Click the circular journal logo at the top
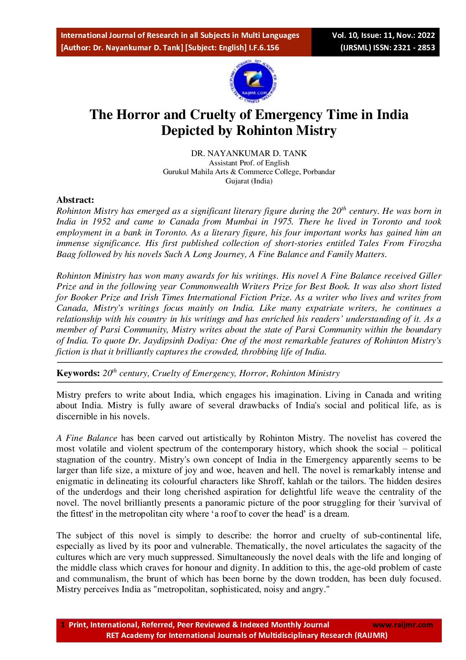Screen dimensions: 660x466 pos(253,82)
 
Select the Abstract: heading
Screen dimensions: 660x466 pos(75,200)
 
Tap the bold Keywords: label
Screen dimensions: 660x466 pos(78,373)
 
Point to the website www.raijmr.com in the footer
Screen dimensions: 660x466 pos(403,625)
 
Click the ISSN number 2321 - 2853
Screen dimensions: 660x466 pos(414,48)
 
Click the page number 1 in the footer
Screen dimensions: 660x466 pos(63,625)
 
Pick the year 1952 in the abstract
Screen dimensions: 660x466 pos(101,222)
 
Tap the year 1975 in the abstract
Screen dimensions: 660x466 pos(283,222)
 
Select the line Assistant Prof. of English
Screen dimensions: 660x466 pos(249,163)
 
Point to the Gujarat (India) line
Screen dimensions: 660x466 pos(249,181)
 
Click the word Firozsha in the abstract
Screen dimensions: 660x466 pos(425,243)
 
